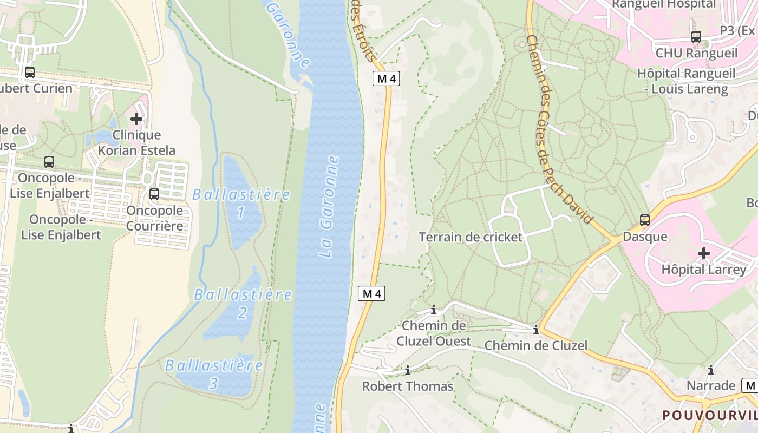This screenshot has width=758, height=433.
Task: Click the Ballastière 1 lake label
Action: pos(241,203)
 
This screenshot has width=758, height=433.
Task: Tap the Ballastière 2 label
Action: pos(243,303)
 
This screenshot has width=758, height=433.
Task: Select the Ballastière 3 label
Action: pos(214,374)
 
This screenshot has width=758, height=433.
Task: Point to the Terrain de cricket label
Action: pos(471,237)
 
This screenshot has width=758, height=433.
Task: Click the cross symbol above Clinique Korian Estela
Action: pos(136,119)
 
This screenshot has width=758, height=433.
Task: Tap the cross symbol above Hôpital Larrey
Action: pos(703,253)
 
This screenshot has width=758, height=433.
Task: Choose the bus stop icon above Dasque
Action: pos(644,220)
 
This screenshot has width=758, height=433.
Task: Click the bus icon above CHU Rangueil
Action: pos(696,37)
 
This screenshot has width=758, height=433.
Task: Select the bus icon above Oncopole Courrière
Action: pos(154,194)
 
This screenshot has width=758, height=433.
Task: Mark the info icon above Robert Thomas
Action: pos(408,371)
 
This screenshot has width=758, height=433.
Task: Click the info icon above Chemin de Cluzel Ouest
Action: pos(433,310)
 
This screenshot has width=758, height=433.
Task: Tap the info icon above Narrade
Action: pos(710,370)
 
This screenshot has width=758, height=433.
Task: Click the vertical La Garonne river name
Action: pos(329,207)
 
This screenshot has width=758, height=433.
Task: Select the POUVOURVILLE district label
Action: pos(710,415)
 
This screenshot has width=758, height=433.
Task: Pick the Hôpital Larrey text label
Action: pos(703,270)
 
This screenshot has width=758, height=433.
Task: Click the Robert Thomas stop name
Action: pos(407,386)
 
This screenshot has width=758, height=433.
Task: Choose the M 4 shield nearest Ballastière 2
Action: pos(372,294)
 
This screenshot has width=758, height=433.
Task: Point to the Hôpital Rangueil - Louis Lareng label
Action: pos(686,81)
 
